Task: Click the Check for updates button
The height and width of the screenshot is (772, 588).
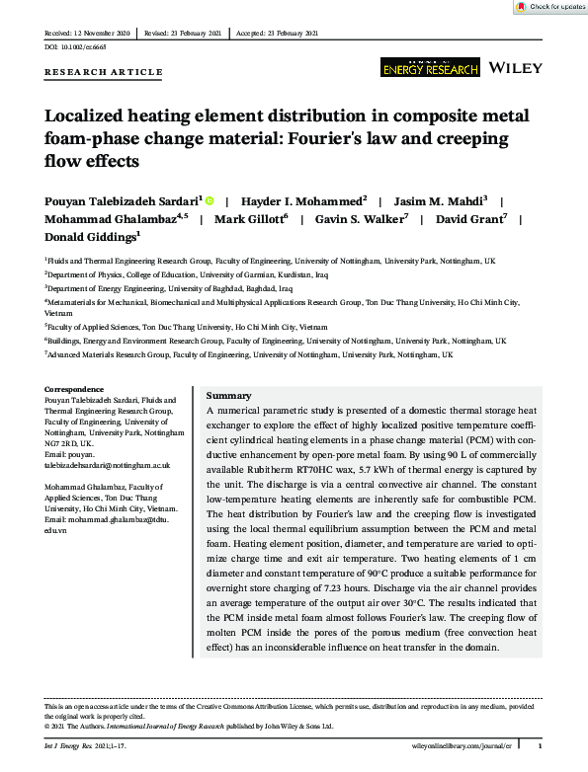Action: pyautogui.click(x=550, y=7)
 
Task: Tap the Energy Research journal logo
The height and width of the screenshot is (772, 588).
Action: pyautogui.click(x=430, y=67)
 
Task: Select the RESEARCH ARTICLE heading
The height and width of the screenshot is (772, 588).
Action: pyautogui.click(x=104, y=72)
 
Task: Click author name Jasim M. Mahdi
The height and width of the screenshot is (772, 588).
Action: pyautogui.click(x=443, y=199)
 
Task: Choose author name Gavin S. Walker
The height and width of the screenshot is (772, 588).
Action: pyautogui.click(x=369, y=218)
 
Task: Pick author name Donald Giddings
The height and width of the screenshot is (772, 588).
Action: pyautogui.click(x=92, y=237)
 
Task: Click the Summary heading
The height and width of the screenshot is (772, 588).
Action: pyautogui.click(x=228, y=395)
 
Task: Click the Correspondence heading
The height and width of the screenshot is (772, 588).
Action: pyautogui.click(x=74, y=390)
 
